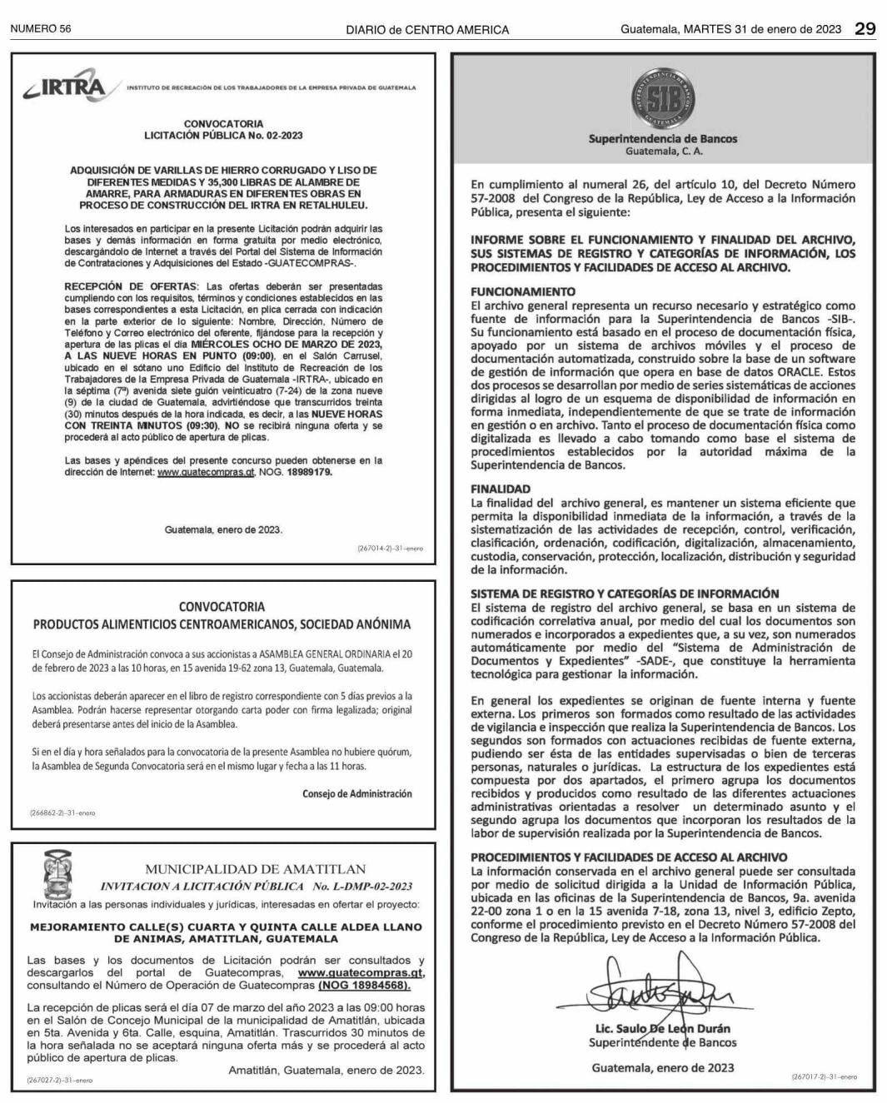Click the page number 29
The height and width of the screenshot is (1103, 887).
(865, 28)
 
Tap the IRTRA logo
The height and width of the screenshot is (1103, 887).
(66, 87)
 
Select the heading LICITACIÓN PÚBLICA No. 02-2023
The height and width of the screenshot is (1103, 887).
(223, 135)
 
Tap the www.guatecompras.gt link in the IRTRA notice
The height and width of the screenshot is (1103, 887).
(206, 472)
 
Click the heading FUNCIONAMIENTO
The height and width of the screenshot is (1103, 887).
(523, 291)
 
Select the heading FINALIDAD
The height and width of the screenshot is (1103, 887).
(501, 489)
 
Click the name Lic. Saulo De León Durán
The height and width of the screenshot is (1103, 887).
(662, 1029)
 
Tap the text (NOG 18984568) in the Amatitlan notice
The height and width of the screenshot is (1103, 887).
(364, 985)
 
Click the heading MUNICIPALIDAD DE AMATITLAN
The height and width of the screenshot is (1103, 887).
(255, 869)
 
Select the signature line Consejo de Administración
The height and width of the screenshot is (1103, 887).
(357, 793)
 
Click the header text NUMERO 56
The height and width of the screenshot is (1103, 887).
(41, 29)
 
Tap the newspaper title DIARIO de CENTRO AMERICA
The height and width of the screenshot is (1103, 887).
(427, 29)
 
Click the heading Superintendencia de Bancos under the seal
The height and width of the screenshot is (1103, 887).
(662, 139)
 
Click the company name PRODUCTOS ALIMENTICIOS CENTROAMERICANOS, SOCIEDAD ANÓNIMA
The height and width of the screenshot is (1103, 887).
(222, 624)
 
